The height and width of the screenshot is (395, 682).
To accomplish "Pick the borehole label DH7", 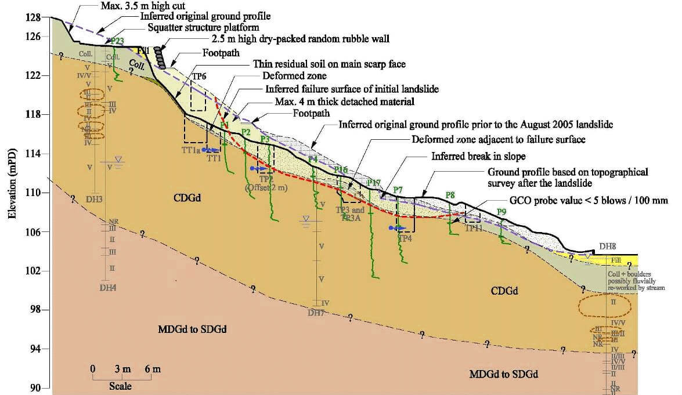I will (316, 313).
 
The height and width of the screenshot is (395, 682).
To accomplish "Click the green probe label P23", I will (116, 41).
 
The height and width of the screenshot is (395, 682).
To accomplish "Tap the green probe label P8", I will (450, 194).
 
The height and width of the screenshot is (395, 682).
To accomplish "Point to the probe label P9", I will (501, 212).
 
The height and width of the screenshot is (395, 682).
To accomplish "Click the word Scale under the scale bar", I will (120, 386).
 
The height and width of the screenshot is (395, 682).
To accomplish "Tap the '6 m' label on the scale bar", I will (153, 369).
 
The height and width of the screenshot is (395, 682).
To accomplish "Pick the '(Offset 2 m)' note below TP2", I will (266, 187).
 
